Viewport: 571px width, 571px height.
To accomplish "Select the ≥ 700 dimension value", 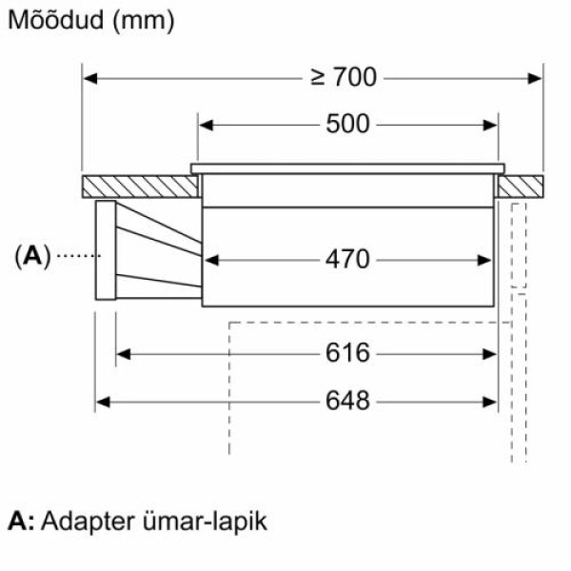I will point(344,77).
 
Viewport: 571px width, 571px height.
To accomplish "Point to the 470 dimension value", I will point(347,259).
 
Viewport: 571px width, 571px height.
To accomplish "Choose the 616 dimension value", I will point(346,354).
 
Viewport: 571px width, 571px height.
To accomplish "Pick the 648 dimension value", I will point(346,402).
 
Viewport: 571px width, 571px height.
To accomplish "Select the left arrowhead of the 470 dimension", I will point(212,259).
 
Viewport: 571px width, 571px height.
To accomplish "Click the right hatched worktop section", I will point(520,186).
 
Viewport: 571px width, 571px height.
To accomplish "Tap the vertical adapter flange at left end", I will point(104,250).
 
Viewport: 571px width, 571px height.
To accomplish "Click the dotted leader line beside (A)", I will point(76,255).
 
